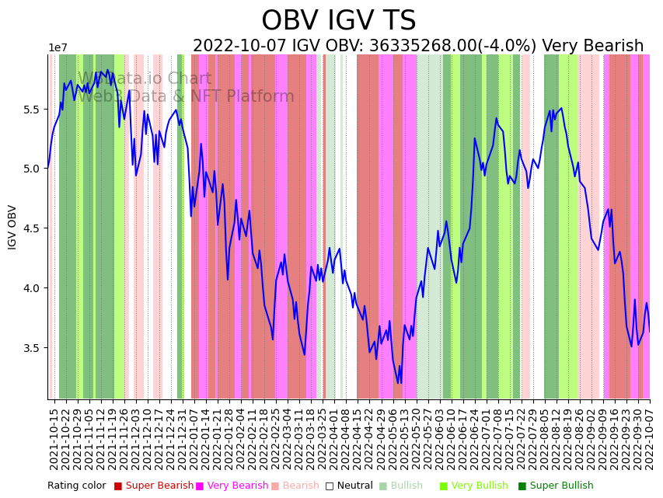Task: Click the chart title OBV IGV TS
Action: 338,21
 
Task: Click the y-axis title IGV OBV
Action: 12,227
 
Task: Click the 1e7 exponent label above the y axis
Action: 58,48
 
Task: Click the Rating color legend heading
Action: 76,486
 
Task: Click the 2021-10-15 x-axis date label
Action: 54,439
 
